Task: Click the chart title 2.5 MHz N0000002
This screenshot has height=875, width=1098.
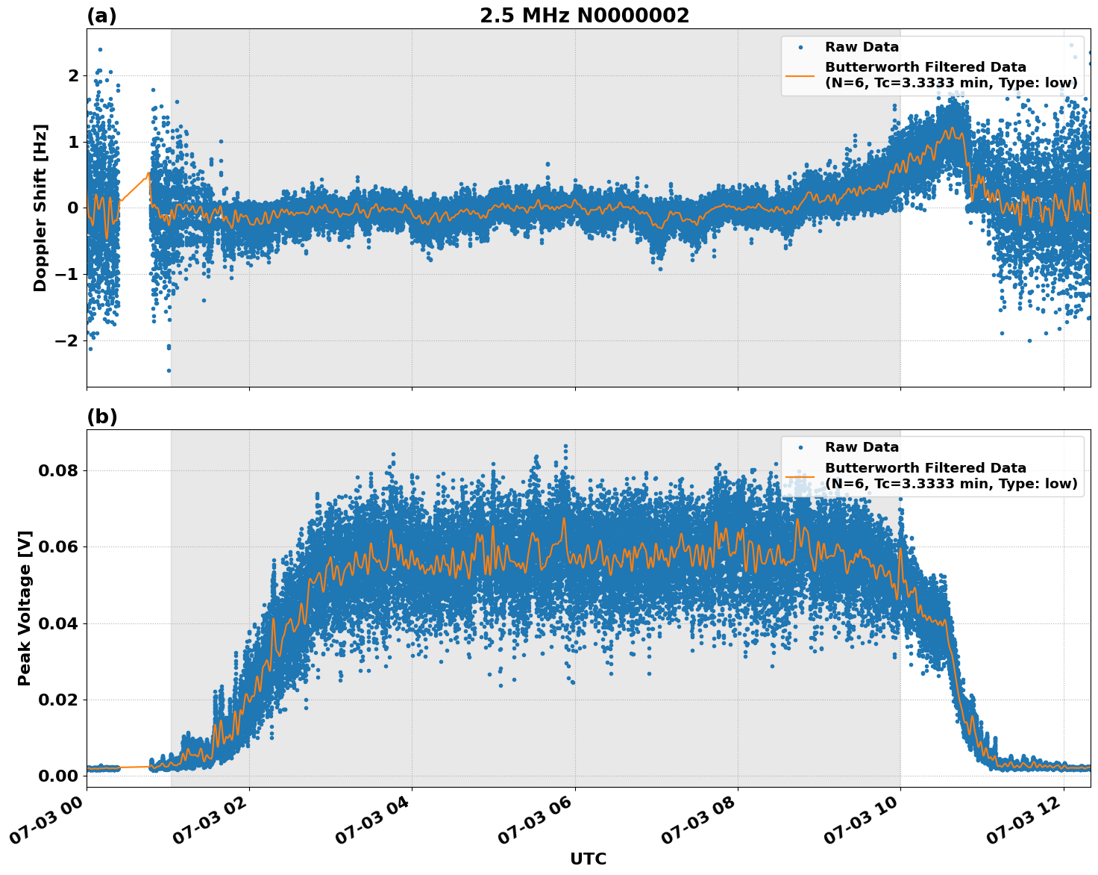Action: (584, 16)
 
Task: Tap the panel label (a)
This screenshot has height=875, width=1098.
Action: (101, 16)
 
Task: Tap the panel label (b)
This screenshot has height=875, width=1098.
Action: (101, 417)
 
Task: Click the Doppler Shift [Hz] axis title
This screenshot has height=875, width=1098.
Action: (40, 208)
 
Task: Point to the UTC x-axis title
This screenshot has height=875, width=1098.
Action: (588, 859)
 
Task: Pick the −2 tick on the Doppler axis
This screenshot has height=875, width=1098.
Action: (67, 340)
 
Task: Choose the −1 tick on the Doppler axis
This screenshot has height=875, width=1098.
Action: (67, 275)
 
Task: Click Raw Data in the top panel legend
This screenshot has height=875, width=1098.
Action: (862, 47)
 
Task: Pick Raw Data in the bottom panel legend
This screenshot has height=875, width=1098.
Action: (862, 447)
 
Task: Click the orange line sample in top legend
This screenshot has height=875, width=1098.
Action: (800, 75)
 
